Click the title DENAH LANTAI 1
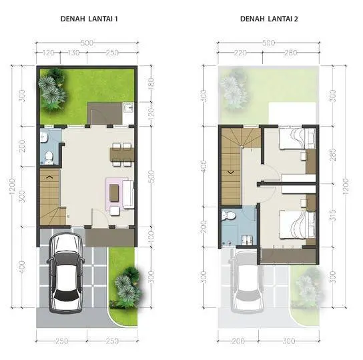click(x=89, y=19)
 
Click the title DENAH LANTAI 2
click(x=269, y=19)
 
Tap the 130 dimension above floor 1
click(x=74, y=53)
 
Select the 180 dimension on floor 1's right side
click(x=151, y=84)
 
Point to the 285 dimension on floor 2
click(x=332, y=155)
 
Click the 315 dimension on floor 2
click(x=332, y=215)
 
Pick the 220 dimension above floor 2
click(x=240, y=53)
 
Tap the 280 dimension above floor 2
click(x=291, y=53)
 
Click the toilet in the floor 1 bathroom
click(x=49, y=157)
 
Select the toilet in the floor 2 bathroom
click(x=228, y=215)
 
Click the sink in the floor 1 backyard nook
click(x=129, y=107)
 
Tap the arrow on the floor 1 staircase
click(x=50, y=177)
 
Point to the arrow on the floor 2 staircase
click(x=231, y=173)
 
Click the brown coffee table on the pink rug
click(x=114, y=193)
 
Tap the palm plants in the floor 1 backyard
click(x=53, y=90)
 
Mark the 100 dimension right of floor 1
click(x=151, y=236)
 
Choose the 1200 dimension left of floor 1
click(x=12, y=186)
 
